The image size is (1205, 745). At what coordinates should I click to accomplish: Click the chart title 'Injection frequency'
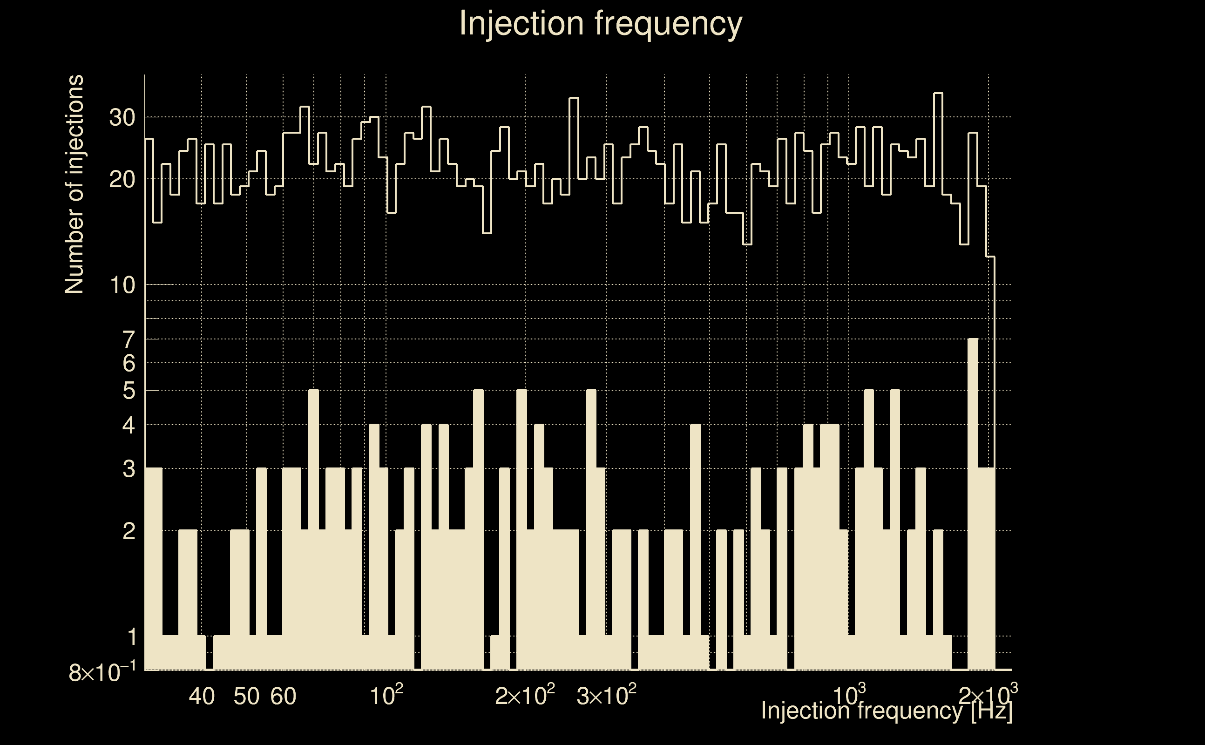coord(600,23)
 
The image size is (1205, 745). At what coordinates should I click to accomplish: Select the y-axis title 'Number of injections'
coord(74,184)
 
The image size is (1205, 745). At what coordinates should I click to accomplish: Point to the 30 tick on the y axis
coord(122,118)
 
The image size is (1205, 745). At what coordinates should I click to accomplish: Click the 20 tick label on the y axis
coord(122,180)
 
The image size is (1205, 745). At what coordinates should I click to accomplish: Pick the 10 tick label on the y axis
coord(122,285)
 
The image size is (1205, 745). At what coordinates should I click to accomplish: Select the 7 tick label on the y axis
coord(129,339)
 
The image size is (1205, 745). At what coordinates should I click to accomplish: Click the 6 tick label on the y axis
coord(129,364)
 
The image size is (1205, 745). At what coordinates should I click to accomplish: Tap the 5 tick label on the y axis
coord(129,391)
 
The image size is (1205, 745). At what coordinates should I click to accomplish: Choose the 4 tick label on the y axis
coord(129,425)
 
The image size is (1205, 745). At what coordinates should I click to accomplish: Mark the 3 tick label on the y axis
coord(129,469)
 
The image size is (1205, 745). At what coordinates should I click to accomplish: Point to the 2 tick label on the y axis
coord(129,531)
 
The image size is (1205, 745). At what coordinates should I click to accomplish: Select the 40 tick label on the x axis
coord(202,696)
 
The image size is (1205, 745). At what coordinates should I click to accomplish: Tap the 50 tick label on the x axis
coord(246,696)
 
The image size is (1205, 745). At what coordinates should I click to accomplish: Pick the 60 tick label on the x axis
coord(283,696)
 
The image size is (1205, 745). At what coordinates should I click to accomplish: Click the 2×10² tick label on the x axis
coord(525,695)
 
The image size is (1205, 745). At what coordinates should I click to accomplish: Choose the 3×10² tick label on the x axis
coord(606,695)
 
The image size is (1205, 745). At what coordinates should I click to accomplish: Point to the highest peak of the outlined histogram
coord(938,94)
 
